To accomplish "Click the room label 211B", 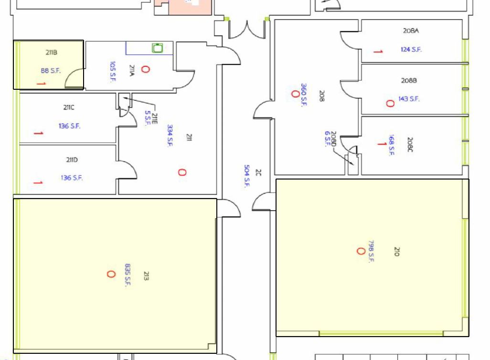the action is pyautogui.click(x=52, y=53).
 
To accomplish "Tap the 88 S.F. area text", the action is pyautogui.click(x=51, y=71).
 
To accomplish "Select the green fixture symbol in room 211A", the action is pyautogui.click(x=158, y=48).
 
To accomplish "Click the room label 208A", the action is pyautogui.click(x=411, y=31).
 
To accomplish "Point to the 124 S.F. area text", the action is pyautogui.click(x=411, y=49).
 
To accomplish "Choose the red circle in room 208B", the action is pyautogui.click(x=390, y=104).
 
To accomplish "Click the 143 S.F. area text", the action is pyautogui.click(x=409, y=99).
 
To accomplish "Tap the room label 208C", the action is pyautogui.click(x=410, y=144).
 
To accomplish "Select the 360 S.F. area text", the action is pyautogui.click(x=304, y=95).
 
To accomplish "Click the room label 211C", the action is pyautogui.click(x=69, y=107).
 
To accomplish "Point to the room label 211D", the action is pyautogui.click(x=72, y=159).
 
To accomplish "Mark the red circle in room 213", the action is pyautogui.click(x=111, y=274).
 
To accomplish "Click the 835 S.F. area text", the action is pyautogui.click(x=128, y=275).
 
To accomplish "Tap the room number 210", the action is pyautogui.click(x=396, y=252).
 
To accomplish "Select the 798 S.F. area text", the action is pyautogui.click(x=371, y=252).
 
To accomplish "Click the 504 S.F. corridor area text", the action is pyautogui.click(x=247, y=176).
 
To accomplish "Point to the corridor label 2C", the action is pyautogui.click(x=258, y=172).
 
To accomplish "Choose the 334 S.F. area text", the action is pyautogui.click(x=170, y=135).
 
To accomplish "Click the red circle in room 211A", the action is pyautogui.click(x=145, y=69).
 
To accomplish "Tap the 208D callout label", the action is pyautogui.click(x=333, y=139).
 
